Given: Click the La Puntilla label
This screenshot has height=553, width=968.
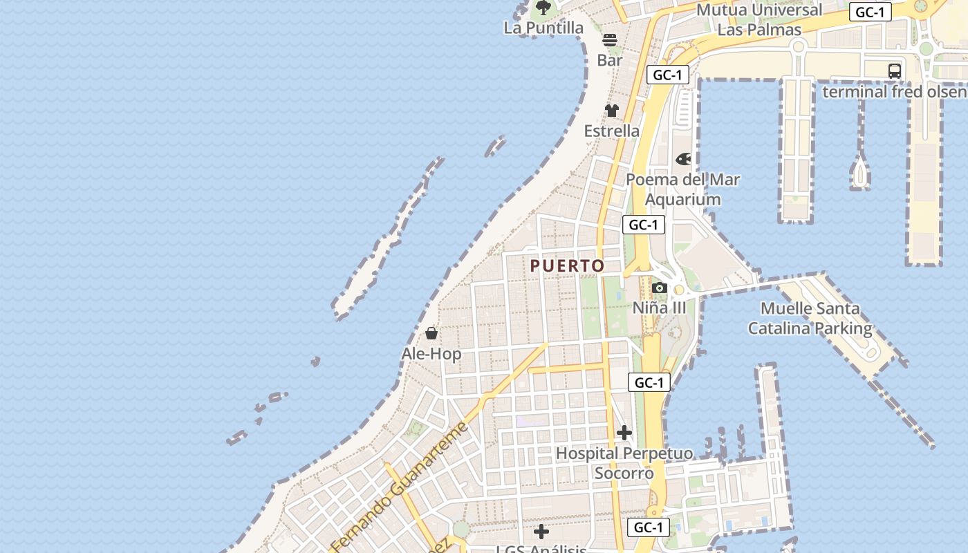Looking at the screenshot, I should (543, 28).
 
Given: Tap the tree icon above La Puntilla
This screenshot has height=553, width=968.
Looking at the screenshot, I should (543, 8).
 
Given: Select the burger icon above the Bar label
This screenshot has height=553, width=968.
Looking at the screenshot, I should (609, 40).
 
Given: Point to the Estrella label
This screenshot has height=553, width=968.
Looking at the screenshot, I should (612, 131).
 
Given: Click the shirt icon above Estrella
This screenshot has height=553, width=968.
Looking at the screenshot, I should (612, 111).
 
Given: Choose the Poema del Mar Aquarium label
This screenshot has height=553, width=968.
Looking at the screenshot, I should (682, 189).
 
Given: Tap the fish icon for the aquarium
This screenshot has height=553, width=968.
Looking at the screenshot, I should (683, 160).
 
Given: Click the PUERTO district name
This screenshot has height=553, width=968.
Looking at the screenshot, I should (567, 265).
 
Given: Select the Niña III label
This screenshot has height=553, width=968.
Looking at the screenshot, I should (660, 308).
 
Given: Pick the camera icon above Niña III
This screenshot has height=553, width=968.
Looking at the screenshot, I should (660, 288).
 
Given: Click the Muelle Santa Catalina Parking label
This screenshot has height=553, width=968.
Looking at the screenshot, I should (810, 318).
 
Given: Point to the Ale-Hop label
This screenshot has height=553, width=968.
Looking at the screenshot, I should (431, 354).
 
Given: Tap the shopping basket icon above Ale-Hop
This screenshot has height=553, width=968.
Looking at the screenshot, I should (431, 333).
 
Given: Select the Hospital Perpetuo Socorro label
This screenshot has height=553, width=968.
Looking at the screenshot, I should (624, 463).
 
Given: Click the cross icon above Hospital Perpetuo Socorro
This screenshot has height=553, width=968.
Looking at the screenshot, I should (624, 433).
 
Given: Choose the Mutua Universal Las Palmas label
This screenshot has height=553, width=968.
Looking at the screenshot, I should (759, 19).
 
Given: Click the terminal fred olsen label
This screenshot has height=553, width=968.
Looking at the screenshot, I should (894, 91).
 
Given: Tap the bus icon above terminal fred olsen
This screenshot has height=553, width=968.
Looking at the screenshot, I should (895, 71).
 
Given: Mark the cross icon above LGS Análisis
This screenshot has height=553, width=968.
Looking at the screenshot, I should (541, 532).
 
